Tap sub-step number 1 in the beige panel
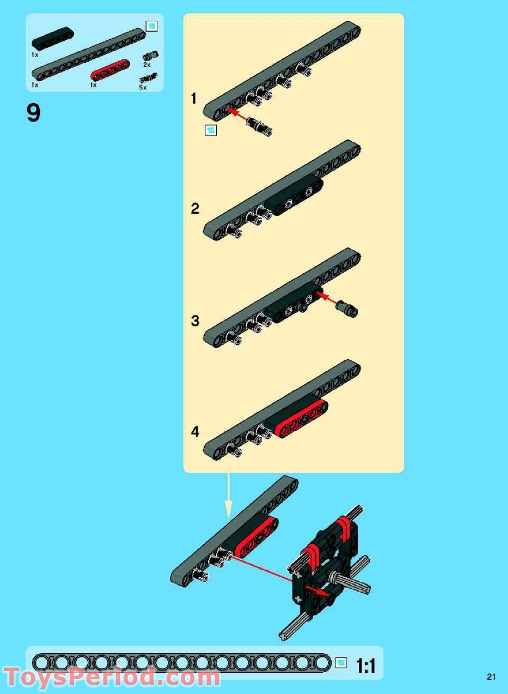tap(194, 99)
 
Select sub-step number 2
tap(195, 209)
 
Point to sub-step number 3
tap(195, 321)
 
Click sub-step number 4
tap(195, 432)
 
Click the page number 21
tap(491, 677)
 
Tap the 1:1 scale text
tap(366, 666)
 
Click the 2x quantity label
tap(146, 65)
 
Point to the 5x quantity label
tap(143, 87)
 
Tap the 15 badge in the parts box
tap(151, 27)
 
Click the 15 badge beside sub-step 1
tap(210, 130)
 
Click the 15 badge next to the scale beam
tap(341, 663)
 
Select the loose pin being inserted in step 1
tap(260, 125)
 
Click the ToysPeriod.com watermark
tap(112, 676)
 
